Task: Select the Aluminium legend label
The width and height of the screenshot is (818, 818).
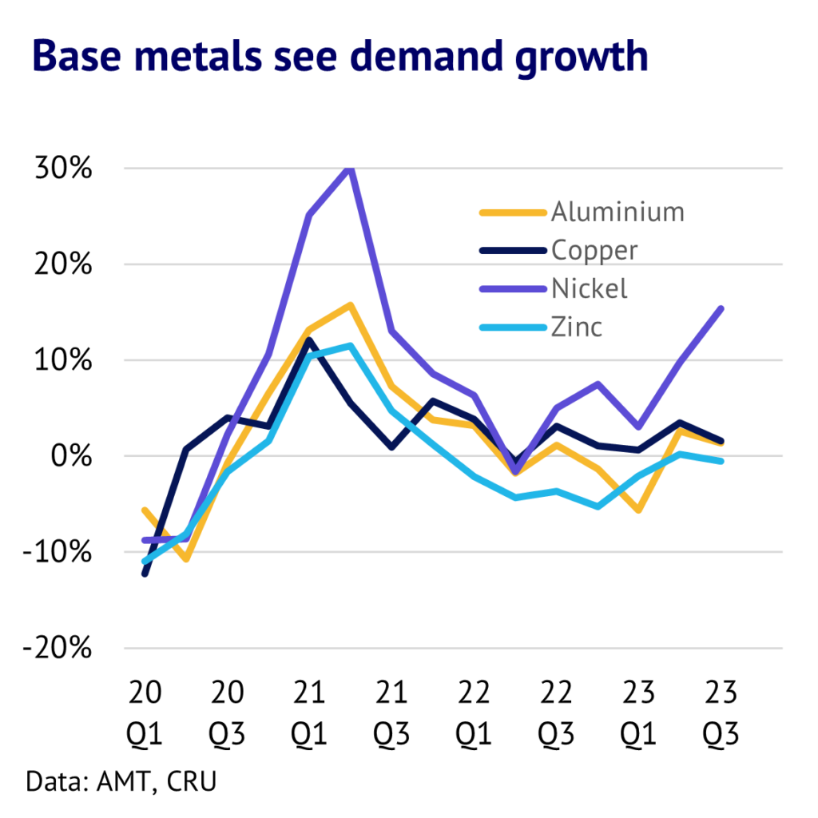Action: pos(617,212)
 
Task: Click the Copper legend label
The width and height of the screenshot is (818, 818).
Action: pos(594,250)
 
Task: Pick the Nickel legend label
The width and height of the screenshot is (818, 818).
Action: pos(590,288)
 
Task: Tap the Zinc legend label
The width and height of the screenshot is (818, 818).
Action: pos(577,327)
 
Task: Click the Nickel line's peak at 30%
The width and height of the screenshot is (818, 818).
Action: pos(349,169)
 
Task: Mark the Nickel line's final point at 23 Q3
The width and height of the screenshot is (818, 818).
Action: pos(721,308)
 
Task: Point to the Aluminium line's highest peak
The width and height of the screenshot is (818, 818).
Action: pos(349,305)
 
